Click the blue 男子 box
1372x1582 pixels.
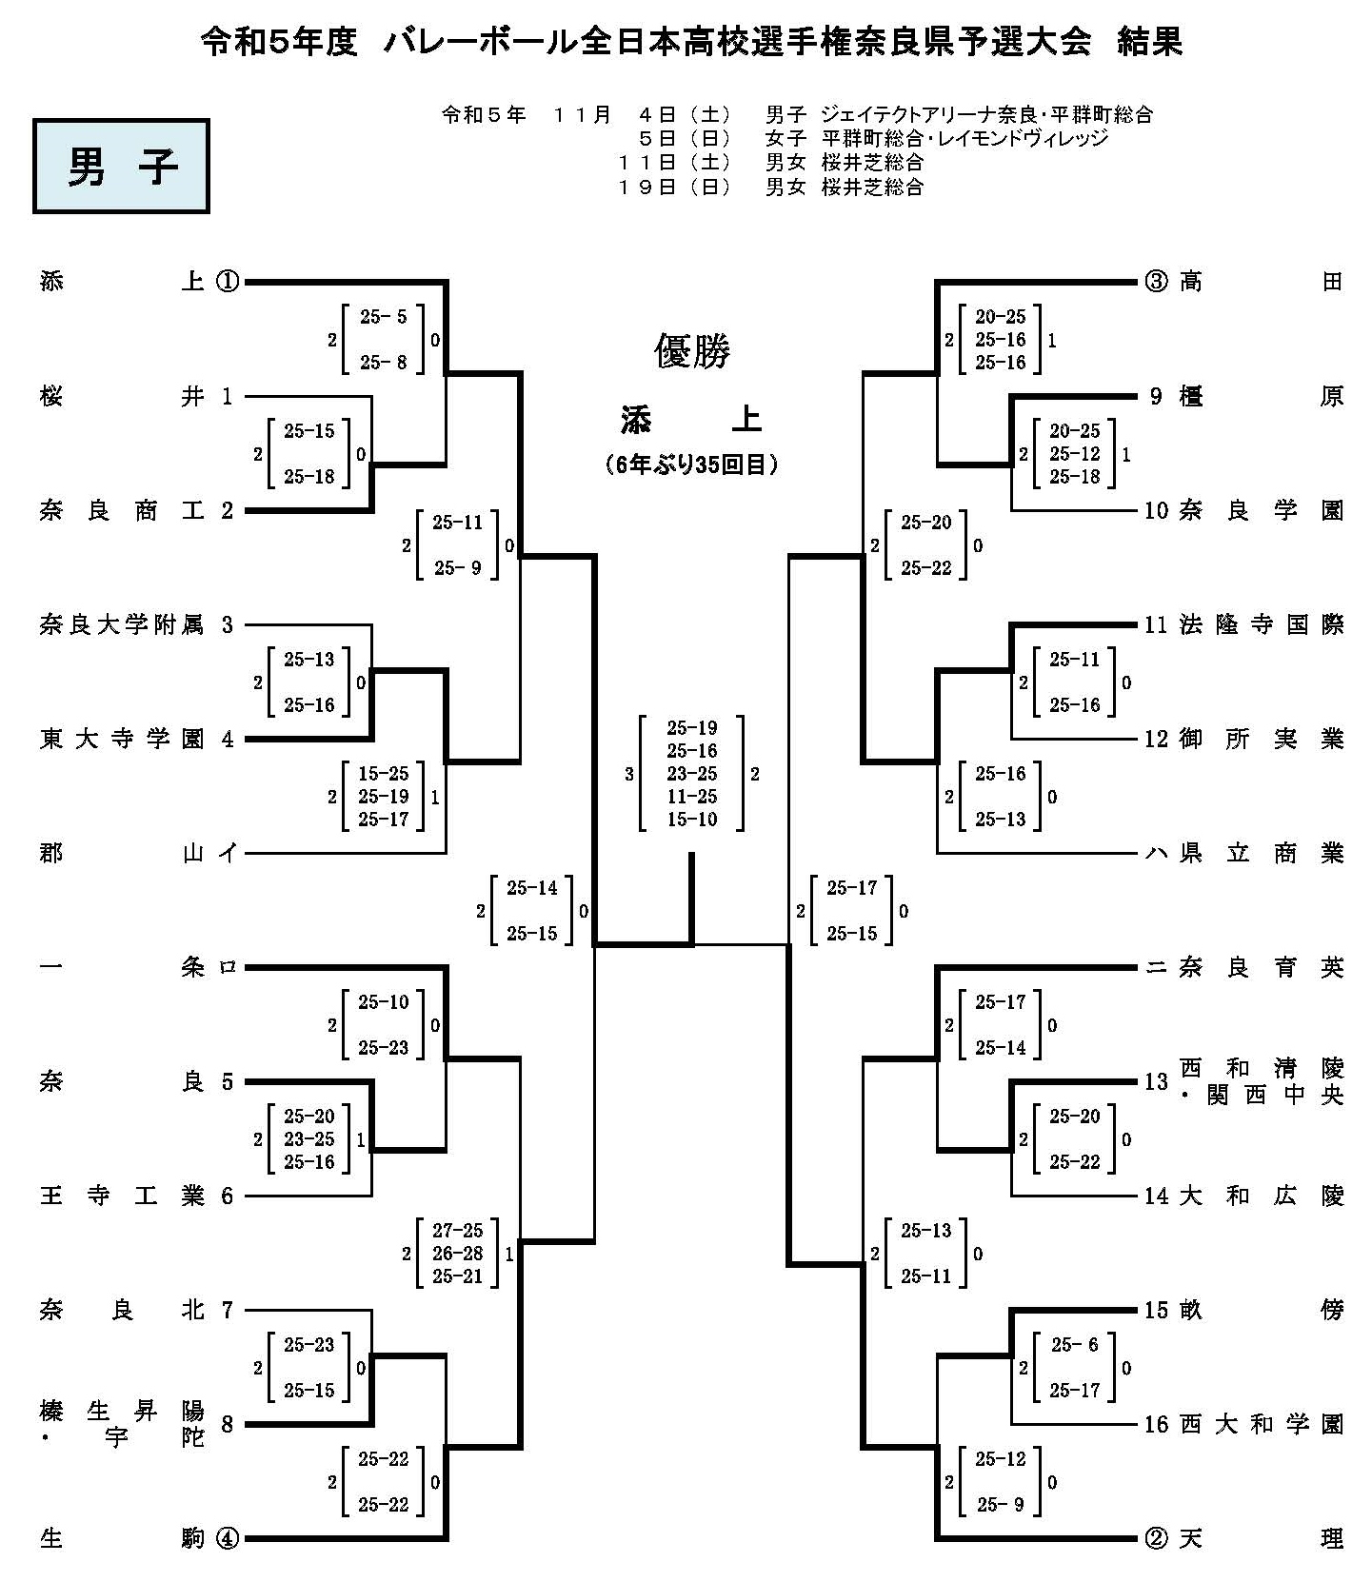[x=121, y=166]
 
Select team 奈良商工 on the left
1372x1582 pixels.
[x=121, y=511]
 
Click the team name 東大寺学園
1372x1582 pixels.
[x=121, y=740]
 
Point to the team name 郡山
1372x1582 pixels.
[x=121, y=854]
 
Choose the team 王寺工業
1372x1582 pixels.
[x=121, y=1196]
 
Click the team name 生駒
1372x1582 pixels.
[x=121, y=1538]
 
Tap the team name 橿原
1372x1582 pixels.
[x=1261, y=396]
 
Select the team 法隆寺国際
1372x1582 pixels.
[x=1261, y=625]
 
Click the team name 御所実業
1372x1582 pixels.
[x=1261, y=740]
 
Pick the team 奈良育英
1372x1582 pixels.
[x=1261, y=968]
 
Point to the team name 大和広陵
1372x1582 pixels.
[x=1261, y=1196]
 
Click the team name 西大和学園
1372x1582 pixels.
[x=1261, y=1425]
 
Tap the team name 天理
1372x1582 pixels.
[x=1261, y=1538]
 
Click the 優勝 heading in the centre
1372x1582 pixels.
[x=692, y=351]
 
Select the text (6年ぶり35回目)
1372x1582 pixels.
[x=692, y=465]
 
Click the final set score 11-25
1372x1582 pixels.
[x=692, y=797]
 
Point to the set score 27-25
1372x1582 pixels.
[x=458, y=1231]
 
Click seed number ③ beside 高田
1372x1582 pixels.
[x=1155, y=282]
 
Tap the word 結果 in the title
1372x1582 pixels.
[x=1150, y=43]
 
